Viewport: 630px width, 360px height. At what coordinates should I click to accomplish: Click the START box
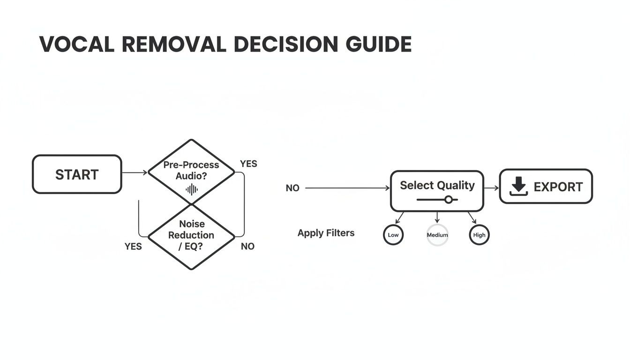tap(77, 174)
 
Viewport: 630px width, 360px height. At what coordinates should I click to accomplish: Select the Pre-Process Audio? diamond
tap(191, 172)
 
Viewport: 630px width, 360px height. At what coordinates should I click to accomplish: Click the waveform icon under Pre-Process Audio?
tap(191, 189)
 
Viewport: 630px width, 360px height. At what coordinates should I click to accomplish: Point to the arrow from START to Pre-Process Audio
tap(135, 172)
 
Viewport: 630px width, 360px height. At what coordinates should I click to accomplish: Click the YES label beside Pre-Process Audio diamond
tap(248, 164)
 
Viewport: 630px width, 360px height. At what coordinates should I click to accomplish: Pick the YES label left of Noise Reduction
tap(133, 246)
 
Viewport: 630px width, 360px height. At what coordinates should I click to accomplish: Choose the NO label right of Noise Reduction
tap(247, 246)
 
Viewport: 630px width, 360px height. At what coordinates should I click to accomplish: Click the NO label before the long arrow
tap(292, 188)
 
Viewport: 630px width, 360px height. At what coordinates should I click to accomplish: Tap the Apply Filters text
tap(326, 233)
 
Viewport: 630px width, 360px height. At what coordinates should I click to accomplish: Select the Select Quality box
tap(437, 190)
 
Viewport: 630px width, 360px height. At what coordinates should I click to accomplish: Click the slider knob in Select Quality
tap(449, 200)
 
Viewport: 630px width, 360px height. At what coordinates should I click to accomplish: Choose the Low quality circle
tap(393, 235)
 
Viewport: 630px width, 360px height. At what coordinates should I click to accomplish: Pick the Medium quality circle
tap(437, 235)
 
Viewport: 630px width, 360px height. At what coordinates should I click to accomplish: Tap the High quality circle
tap(479, 235)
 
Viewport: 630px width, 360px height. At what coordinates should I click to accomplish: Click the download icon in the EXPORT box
tap(518, 187)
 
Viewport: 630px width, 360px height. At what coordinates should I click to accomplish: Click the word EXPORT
tap(558, 187)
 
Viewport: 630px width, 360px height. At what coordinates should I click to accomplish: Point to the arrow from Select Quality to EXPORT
tap(491, 188)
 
